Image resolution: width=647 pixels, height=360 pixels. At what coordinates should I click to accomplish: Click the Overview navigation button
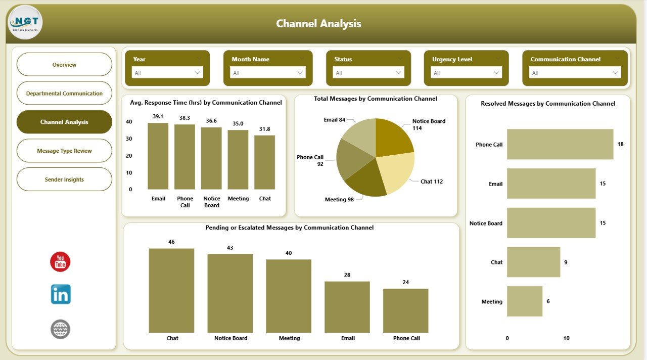[64, 65]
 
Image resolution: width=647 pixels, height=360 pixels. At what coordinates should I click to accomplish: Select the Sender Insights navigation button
[64, 179]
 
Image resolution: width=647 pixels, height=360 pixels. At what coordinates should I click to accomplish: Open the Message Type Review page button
[64, 151]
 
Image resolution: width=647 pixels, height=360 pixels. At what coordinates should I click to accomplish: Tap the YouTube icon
[60, 262]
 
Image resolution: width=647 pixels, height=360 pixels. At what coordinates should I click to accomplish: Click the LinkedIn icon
[61, 294]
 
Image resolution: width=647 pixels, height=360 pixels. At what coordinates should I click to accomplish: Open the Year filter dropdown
[167, 73]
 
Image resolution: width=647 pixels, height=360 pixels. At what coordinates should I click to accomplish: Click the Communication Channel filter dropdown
[575, 73]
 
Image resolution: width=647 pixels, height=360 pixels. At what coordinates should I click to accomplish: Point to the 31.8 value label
[264, 129]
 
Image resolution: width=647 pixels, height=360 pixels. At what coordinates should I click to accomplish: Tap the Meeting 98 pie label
[339, 200]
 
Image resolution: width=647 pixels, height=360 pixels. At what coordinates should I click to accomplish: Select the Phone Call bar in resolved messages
[560, 144]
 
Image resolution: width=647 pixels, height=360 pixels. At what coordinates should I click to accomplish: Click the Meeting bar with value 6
[524, 301]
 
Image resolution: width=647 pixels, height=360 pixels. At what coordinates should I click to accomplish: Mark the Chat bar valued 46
[171, 290]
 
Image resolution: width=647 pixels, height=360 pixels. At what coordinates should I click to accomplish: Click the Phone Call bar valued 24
[405, 310]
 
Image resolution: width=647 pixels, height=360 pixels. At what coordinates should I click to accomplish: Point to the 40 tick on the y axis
[129, 122]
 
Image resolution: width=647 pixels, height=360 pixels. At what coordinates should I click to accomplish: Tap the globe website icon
[61, 329]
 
